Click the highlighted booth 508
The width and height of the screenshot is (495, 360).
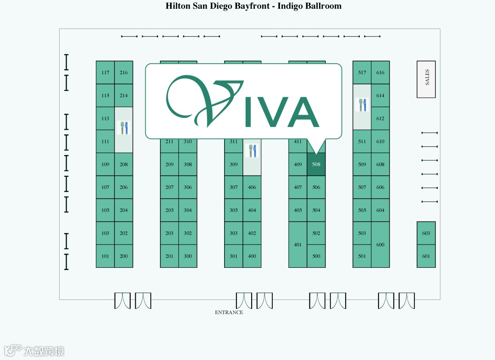pyautogui.click(x=316, y=164)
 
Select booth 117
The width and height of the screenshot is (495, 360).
pyautogui.click(x=105, y=72)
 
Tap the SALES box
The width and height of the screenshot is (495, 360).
pyautogui.click(x=426, y=79)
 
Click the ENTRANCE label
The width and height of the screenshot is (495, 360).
pyautogui.click(x=229, y=312)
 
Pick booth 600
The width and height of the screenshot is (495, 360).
pyautogui.click(x=380, y=244)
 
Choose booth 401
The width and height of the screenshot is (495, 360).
pyautogui.click(x=298, y=244)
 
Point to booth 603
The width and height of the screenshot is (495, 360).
pyautogui.click(x=426, y=233)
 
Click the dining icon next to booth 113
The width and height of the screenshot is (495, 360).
pyautogui.click(x=124, y=128)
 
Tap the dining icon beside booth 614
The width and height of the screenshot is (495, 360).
pyautogui.click(x=362, y=105)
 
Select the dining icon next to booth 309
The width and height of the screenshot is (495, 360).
pyautogui.click(x=252, y=151)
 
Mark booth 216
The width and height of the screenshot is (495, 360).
pyautogui.click(x=124, y=72)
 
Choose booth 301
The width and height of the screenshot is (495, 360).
pyautogui.click(x=234, y=256)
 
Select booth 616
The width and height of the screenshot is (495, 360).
pyautogui.click(x=380, y=72)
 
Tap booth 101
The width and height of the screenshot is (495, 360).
pyautogui.click(x=105, y=256)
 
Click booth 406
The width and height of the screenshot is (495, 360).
pyautogui.click(x=252, y=187)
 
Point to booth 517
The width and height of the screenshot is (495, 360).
pyautogui.click(x=362, y=72)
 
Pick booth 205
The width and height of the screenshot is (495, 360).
pyautogui.click(x=170, y=210)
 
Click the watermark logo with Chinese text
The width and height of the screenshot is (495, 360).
pyautogui.click(x=34, y=351)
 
